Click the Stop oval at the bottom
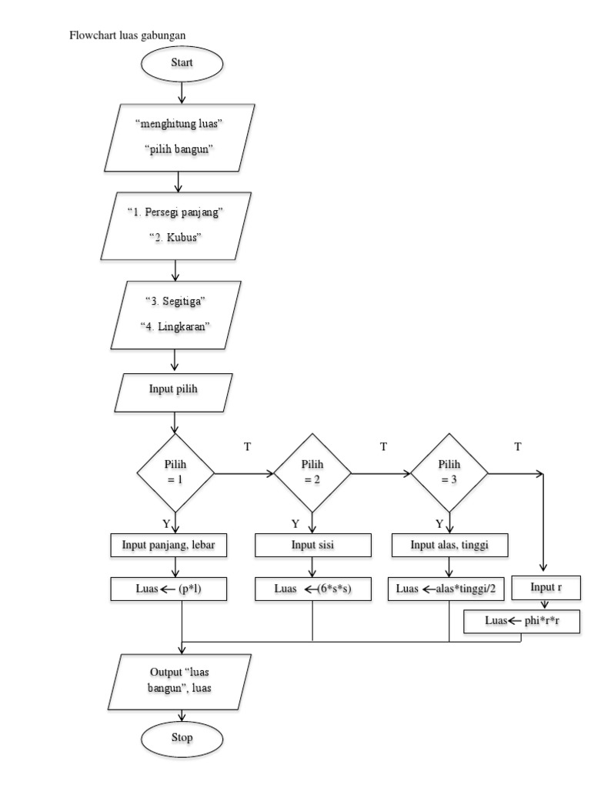(x=182, y=737)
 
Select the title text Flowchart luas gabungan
(x=128, y=35)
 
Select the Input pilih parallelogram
(x=173, y=390)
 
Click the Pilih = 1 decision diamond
(x=176, y=472)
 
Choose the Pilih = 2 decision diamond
(x=312, y=472)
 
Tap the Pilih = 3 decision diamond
(x=449, y=472)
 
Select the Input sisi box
(x=312, y=546)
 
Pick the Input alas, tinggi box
(x=450, y=546)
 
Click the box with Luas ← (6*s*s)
(x=312, y=589)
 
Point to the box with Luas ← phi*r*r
(x=522, y=621)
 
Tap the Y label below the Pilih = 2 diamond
(x=295, y=524)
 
